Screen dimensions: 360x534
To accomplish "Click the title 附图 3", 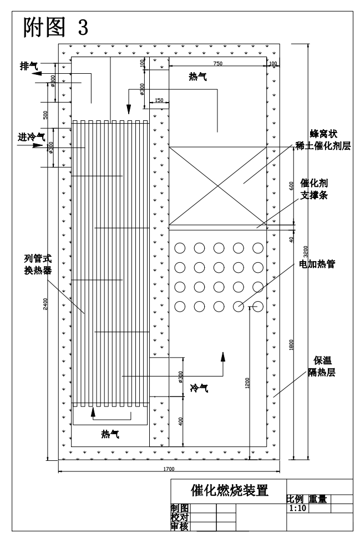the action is click(x=56, y=27).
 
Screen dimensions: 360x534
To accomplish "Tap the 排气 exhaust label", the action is click(x=29, y=66).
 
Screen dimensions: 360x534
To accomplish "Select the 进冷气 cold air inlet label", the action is click(x=31, y=137).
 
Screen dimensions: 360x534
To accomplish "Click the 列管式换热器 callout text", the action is click(x=38, y=265).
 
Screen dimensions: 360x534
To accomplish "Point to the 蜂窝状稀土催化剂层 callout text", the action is click(x=323, y=140).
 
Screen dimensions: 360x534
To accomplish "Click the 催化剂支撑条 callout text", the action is click(x=314, y=189).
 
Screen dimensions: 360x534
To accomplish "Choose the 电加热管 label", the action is click(x=317, y=264).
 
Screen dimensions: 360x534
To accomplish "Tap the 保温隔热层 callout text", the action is click(x=322, y=366).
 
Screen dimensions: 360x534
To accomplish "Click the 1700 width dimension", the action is click(x=169, y=469).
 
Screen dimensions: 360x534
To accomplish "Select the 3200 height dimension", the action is click(x=306, y=251).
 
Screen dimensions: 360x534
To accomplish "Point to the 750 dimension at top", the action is click(x=217, y=63).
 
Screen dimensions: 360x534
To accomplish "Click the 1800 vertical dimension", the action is click(x=291, y=345).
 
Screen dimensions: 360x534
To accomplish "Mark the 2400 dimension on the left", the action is click(x=45, y=304).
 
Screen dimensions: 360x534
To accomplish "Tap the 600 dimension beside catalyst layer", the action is click(x=291, y=186).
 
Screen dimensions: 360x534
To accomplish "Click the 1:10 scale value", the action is click(x=298, y=508).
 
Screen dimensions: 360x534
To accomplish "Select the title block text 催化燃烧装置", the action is click(x=230, y=490).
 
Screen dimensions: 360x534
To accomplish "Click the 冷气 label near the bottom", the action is click(x=199, y=388).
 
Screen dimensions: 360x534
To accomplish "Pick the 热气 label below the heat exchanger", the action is click(x=110, y=434).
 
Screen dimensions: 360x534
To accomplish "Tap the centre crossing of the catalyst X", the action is click(x=218, y=186).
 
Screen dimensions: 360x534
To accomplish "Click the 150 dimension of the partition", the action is click(x=159, y=100).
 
